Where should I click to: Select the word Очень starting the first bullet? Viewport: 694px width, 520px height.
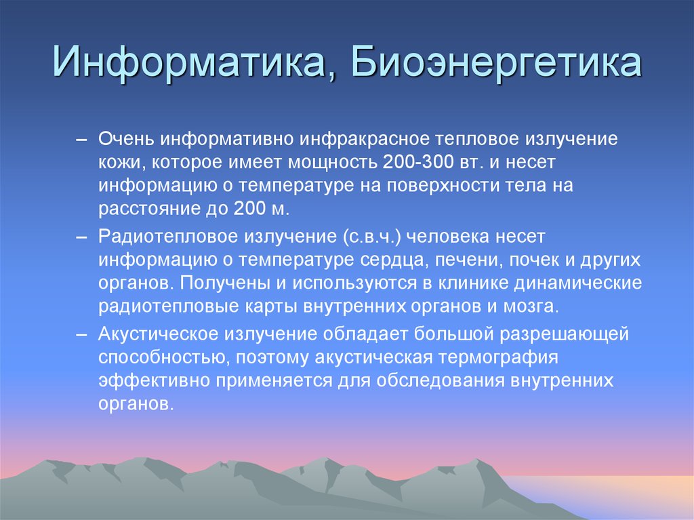click(x=126, y=139)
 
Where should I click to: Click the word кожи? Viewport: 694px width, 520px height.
click(x=119, y=163)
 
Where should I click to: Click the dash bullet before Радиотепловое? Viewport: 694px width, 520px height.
click(x=81, y=237)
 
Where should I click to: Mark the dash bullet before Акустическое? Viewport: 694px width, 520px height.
click(x=81, y=334)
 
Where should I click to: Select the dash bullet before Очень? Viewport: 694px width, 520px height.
click(x=81, y=139)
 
